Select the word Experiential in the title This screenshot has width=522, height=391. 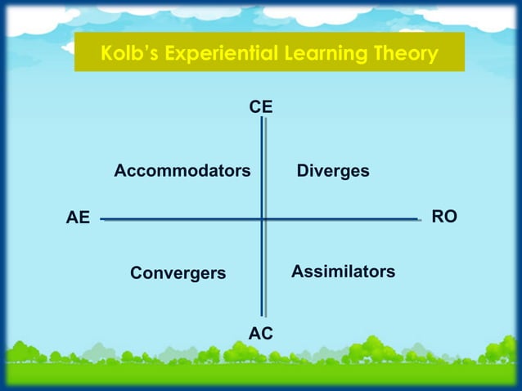pyautogui.click(x=220, y=54)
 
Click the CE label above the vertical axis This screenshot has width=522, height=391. pyautogui.click(x=261, y=107)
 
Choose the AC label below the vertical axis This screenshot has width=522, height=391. pyautogui.click(x=261, y=333)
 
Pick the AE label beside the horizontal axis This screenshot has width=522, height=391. pyautogui.click(x=78, y=218)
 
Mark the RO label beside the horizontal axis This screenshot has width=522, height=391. pyautogui.click(x=444, y=217)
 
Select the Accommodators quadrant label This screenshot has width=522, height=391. pyautogui.click(x=182, y=171)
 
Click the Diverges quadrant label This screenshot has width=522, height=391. pyautogui.click(x=333, y=171)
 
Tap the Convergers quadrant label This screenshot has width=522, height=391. pyautogui.click(x=178, y=273)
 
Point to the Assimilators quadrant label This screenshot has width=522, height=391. pyautogui.click(x=343, y=271)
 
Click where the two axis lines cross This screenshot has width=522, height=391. pyautogui.click(x=263, y=218)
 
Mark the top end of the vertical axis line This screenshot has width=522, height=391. pyautogui.click(x=263, y=119)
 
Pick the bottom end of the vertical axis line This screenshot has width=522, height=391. pyautogui.click(x=263, y=316)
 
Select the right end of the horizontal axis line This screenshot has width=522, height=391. pyautogui.click(x=418, y=219)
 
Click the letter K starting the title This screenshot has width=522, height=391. pyautogui.click(x=106, y=54)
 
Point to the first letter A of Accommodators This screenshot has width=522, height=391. pyautogui.click(x=119, y=171)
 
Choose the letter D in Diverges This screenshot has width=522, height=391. pyautogui.click(x=302, y=171)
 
